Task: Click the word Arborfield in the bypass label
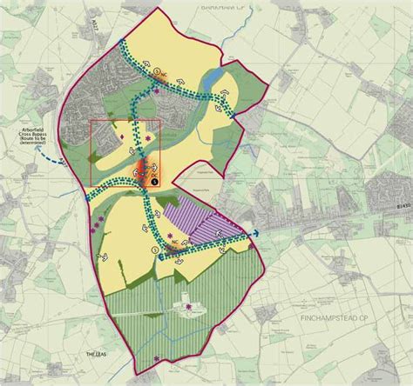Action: (x=34, y=130)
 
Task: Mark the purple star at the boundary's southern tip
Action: (x=156, y=358)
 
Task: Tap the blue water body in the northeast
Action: (x=210, y=85)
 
